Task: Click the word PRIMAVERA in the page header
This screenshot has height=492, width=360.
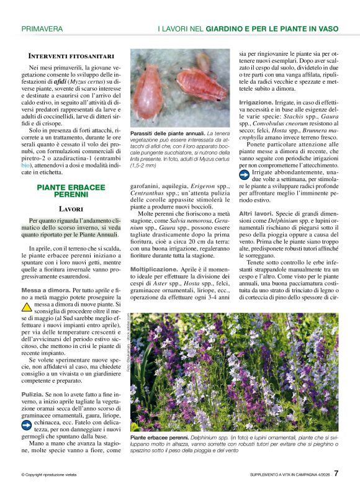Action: coord(42,29)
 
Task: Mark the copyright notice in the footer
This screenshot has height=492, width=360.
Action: coord(49,475)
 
